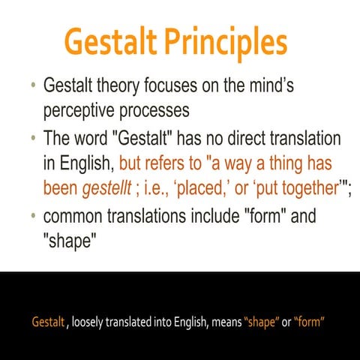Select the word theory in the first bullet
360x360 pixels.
point(124,86)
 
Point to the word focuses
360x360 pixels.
point(179,86)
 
